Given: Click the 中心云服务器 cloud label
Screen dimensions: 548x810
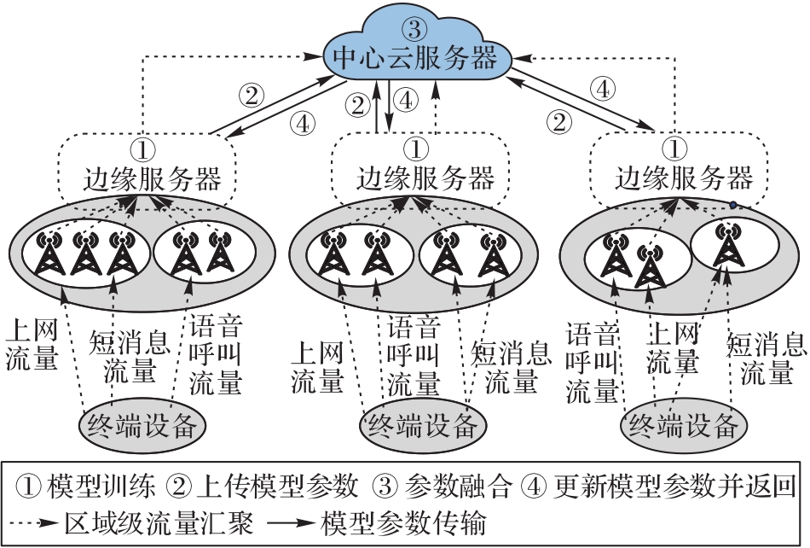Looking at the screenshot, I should pyautogui.click(x=414, y=58).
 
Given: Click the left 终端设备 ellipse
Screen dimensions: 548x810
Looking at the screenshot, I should pyautogui.click(x=144, y=423).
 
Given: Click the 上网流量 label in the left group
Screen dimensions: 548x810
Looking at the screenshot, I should pyautogui.click(x=31, y=343).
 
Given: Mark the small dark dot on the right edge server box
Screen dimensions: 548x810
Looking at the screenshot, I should pyautogui.click(x=732, y=205).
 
